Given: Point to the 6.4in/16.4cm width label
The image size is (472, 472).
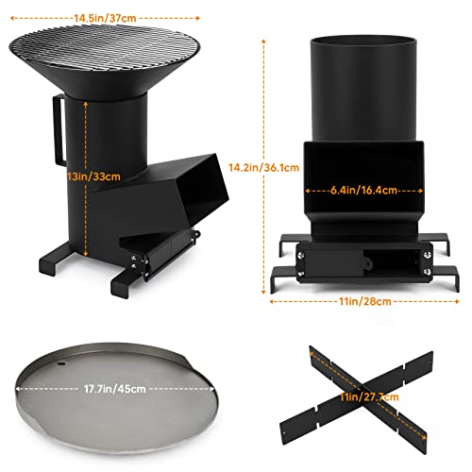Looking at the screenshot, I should click(x=362, y=188).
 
